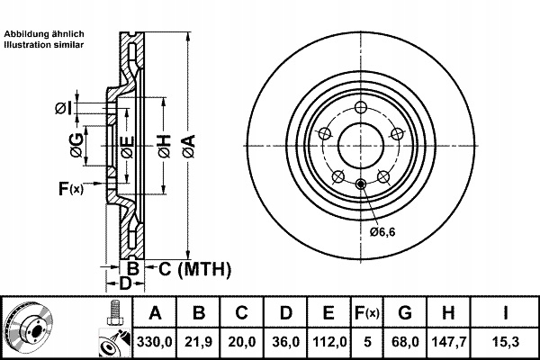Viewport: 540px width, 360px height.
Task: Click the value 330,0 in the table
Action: pyautogui.click(x=154, y=342)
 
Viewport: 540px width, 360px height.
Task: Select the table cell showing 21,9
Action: pyautogui.click(x=198, y=342)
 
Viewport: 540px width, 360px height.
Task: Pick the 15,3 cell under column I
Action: pyautogui.click(x=505, y=342)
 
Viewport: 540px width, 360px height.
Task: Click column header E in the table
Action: pyautogui.click(x=328, y=313)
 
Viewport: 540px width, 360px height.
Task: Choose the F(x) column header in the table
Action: pyautogui.click(x=367, y=313)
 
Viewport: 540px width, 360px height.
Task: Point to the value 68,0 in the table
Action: pyautogui.click(x=405, y=342)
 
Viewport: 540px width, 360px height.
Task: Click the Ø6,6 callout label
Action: pyautogui.click(x=382, y=232)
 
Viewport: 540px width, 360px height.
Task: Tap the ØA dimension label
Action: pyautogui.click(x=189, y=147)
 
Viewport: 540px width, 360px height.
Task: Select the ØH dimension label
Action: pyautogui.click(x=165, y=147)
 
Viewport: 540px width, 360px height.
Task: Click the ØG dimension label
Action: pyautogui.click(x=76, y=146)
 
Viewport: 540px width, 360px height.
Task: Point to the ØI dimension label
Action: pyautogui.click(x=63, y=109)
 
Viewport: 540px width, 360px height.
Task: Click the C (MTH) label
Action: pyautogui.click(x=194, y=269)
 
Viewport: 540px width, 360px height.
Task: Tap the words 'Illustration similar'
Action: pyautogui.click(x=44, y=45)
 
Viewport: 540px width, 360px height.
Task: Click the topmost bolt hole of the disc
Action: pyautogui.click(x=361, y=107)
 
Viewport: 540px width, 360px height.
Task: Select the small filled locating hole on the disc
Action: pyautogui.click(x=361, y=184)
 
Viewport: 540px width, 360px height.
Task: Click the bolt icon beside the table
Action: pyautogui.click(x=114, y=313)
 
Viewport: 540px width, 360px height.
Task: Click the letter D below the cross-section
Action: pyautogui.click(x=125, y=283)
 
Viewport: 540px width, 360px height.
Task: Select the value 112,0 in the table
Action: pyautogui.click(x=329, y=342)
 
